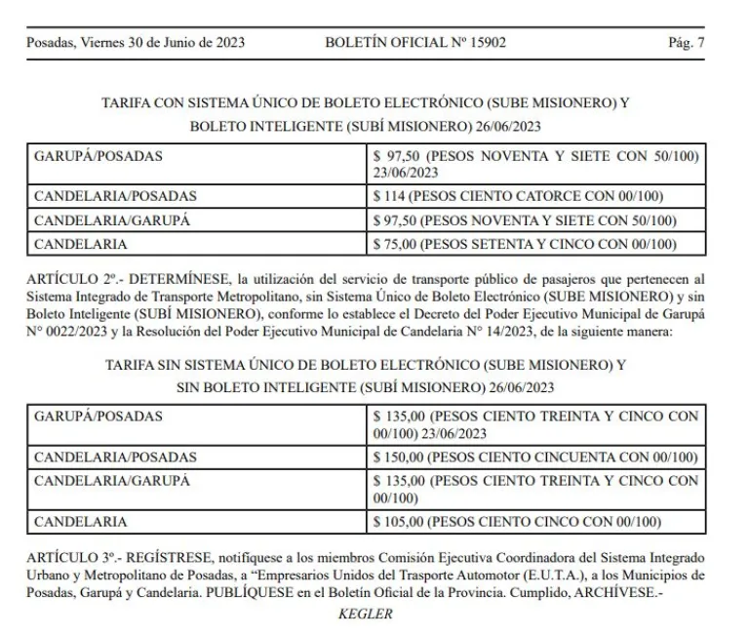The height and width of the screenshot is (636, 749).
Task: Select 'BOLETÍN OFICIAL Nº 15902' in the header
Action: pos(415,43)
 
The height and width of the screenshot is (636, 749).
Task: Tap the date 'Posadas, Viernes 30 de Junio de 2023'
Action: pos(136,43)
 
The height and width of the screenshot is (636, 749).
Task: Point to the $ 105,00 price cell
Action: pos(517,522)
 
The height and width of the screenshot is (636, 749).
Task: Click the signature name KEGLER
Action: pos(365,615)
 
